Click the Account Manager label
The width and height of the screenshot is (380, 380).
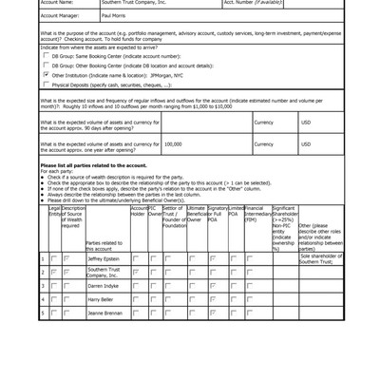coord(60,16)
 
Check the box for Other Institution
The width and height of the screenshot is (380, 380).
coord(47,74)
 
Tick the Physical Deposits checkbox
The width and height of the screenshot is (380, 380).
coord(47,84)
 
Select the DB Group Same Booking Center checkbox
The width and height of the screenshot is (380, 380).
coord(47,56)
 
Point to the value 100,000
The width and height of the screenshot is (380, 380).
coord(173,144)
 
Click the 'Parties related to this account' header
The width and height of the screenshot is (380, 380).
coord(104,245)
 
